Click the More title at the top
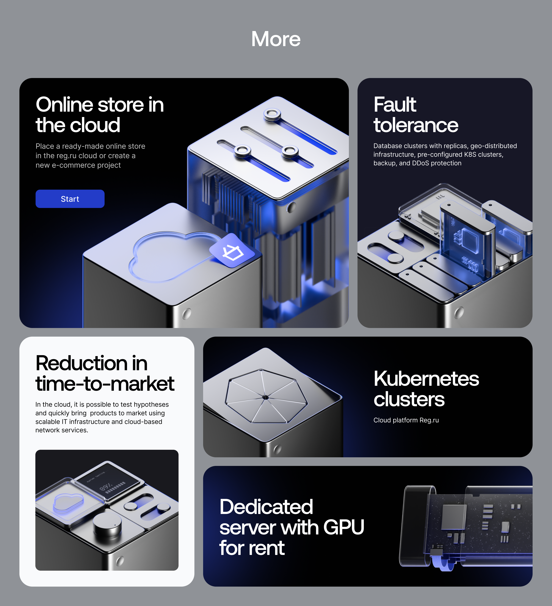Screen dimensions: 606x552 tap(276, 39)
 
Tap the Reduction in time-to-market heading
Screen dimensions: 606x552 tap(104, 373)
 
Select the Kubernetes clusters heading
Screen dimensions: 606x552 tap(426, 388)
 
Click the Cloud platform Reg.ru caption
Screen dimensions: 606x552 tap(406, 420)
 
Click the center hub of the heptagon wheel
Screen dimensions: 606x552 tap(265, 397)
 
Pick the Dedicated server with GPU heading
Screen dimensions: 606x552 tap(291, 527)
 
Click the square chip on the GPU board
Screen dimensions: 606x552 tap(453, 517)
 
